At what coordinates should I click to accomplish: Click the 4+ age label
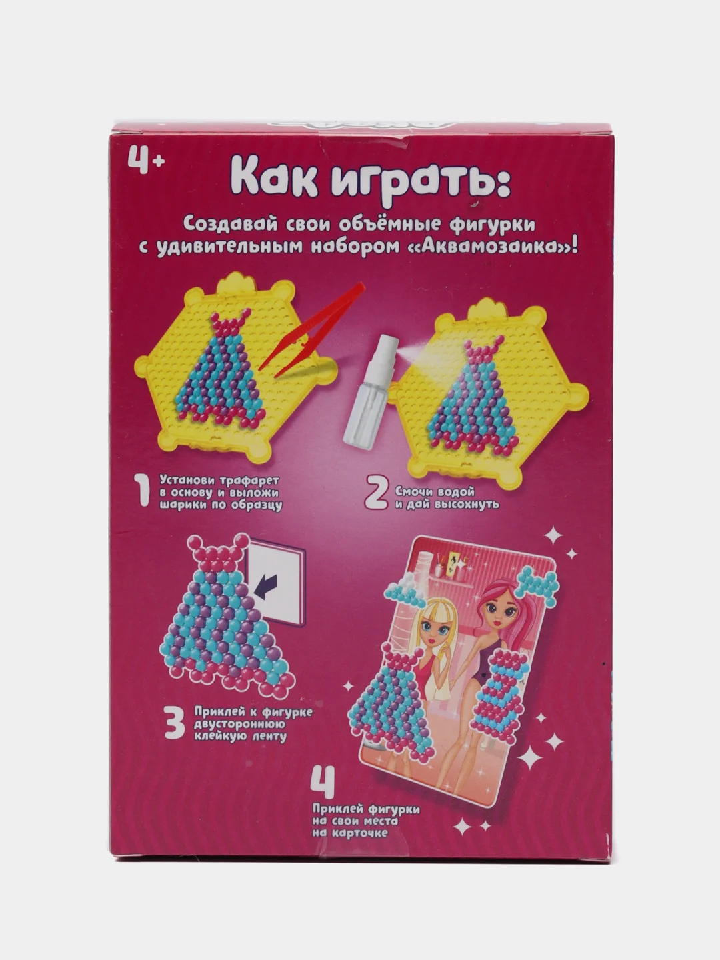(146, 160)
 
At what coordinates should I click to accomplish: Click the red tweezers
(312, 329)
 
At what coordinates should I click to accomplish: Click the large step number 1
(143, 491)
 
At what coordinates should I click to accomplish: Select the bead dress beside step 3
(227, 617)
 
